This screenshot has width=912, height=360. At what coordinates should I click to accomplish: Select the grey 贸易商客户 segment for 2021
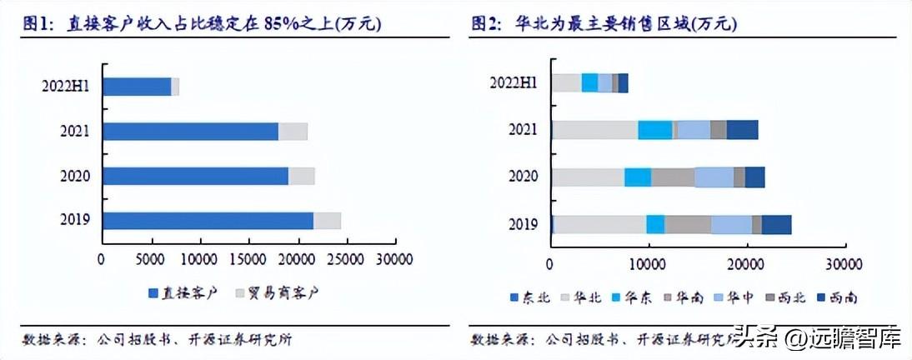click(x=293, y=131)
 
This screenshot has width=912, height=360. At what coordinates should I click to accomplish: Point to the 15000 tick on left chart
click(x=249, y=259)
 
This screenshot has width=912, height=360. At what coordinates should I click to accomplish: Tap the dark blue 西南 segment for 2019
click(x=776, y=224)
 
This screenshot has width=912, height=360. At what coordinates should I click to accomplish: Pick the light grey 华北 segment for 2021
click(x=595, y=129)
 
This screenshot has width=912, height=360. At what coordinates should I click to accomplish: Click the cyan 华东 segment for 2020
click(x=638, y=177)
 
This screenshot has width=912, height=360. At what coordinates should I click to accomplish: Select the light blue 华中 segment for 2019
click(x=731, y=224)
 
